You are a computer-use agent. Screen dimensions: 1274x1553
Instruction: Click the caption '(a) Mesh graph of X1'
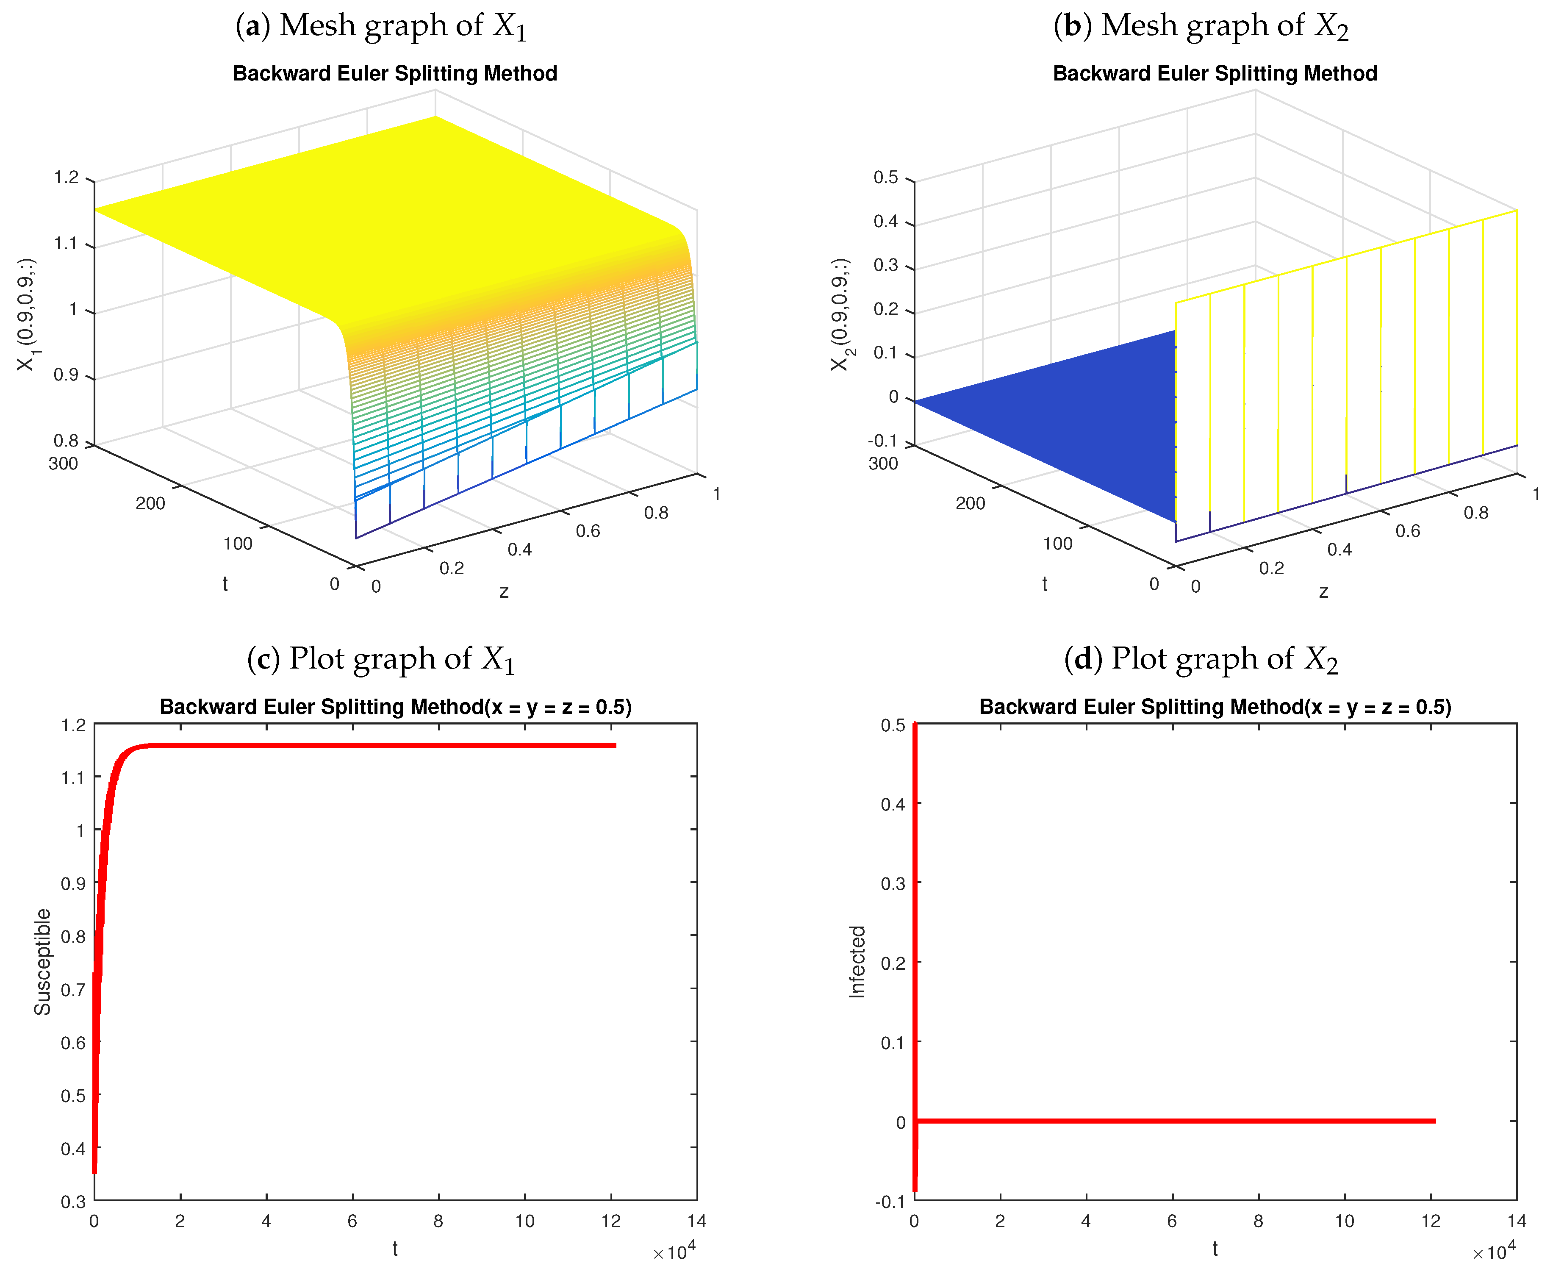coord(381,26)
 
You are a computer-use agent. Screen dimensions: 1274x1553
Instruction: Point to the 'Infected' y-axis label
coord(857,961)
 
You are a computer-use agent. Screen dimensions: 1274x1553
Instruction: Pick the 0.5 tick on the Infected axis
coord(893,725)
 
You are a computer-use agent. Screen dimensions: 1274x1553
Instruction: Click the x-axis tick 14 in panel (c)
coord(696,1221)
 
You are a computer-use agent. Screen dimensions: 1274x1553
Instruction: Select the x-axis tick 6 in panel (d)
coord(1172,1221)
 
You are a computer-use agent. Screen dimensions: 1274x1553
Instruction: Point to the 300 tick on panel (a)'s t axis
coord(63,464)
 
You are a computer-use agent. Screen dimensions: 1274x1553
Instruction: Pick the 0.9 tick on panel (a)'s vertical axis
coord(66,375)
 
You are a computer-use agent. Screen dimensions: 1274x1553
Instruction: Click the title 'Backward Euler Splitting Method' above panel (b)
coord(1215,73)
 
